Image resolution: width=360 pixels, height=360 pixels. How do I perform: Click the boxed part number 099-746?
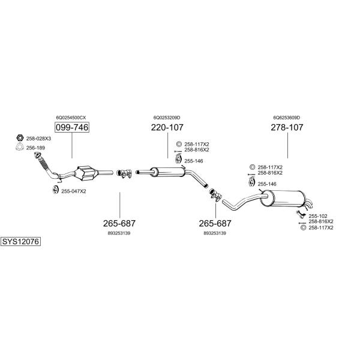tap(72, 127)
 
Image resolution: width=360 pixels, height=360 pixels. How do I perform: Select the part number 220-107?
tap(167, 127)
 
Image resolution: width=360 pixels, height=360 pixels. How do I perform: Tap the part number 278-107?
tap(287, 127)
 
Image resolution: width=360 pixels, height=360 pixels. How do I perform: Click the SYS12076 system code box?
tap(20, 242)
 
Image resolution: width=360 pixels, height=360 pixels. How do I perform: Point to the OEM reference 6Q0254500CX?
tap(71, 118)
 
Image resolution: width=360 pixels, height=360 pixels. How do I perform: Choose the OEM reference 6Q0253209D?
tap(167, 118)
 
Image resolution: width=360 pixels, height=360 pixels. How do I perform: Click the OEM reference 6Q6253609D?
tap(287, 118)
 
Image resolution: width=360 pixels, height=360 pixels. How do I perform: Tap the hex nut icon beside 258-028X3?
tap(20, 138)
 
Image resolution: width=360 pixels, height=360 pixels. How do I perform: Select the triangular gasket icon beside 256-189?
tap(20, 147)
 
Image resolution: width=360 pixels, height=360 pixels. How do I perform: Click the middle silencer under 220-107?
tap(168, 172)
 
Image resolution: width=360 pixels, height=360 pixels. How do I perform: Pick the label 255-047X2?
tap(73, 191)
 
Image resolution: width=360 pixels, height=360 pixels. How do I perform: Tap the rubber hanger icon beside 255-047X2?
tap(55, 190)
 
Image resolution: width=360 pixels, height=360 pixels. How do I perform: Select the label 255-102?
tap(318, 216)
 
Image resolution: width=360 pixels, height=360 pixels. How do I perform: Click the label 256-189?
tap(35, 148)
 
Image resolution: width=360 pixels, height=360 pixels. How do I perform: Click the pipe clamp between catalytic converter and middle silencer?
tap(124, 173)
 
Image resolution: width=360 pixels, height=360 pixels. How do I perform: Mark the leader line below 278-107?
tap(287, 145)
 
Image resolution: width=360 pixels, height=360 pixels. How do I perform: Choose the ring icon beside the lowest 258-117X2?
tap(303, 228)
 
